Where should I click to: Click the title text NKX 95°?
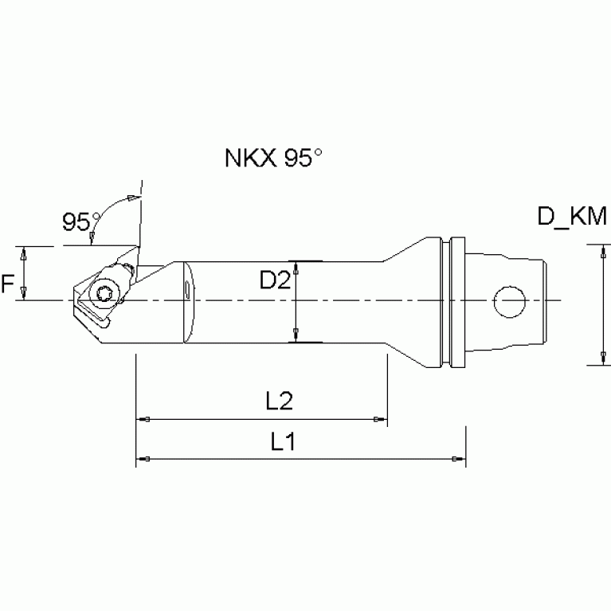pyautogui.click(x=273, y=157)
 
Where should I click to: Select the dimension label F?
pyautogui.click(x=9, y=283)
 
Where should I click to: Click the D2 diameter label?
pyautogui.click(x=274, y=280)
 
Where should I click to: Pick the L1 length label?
pyautogui.click(x=282, y=442)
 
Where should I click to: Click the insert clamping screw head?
pyautogui.click(x=103, y=294)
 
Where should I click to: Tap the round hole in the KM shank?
pyautogui.click(x=510, y=302)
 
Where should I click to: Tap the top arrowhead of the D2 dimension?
pyautogui.click(x=296, y=266)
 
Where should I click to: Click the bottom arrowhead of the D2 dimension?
pyautogui.click(x=296, y=338)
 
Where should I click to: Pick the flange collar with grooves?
pyautogui.click(x=452, y=302)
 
